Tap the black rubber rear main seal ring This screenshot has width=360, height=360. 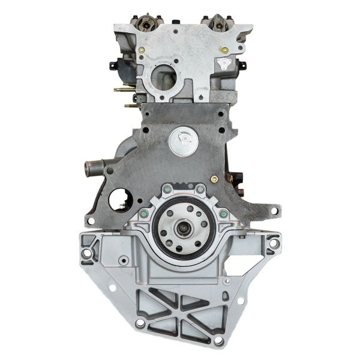(x=158, y=229)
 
